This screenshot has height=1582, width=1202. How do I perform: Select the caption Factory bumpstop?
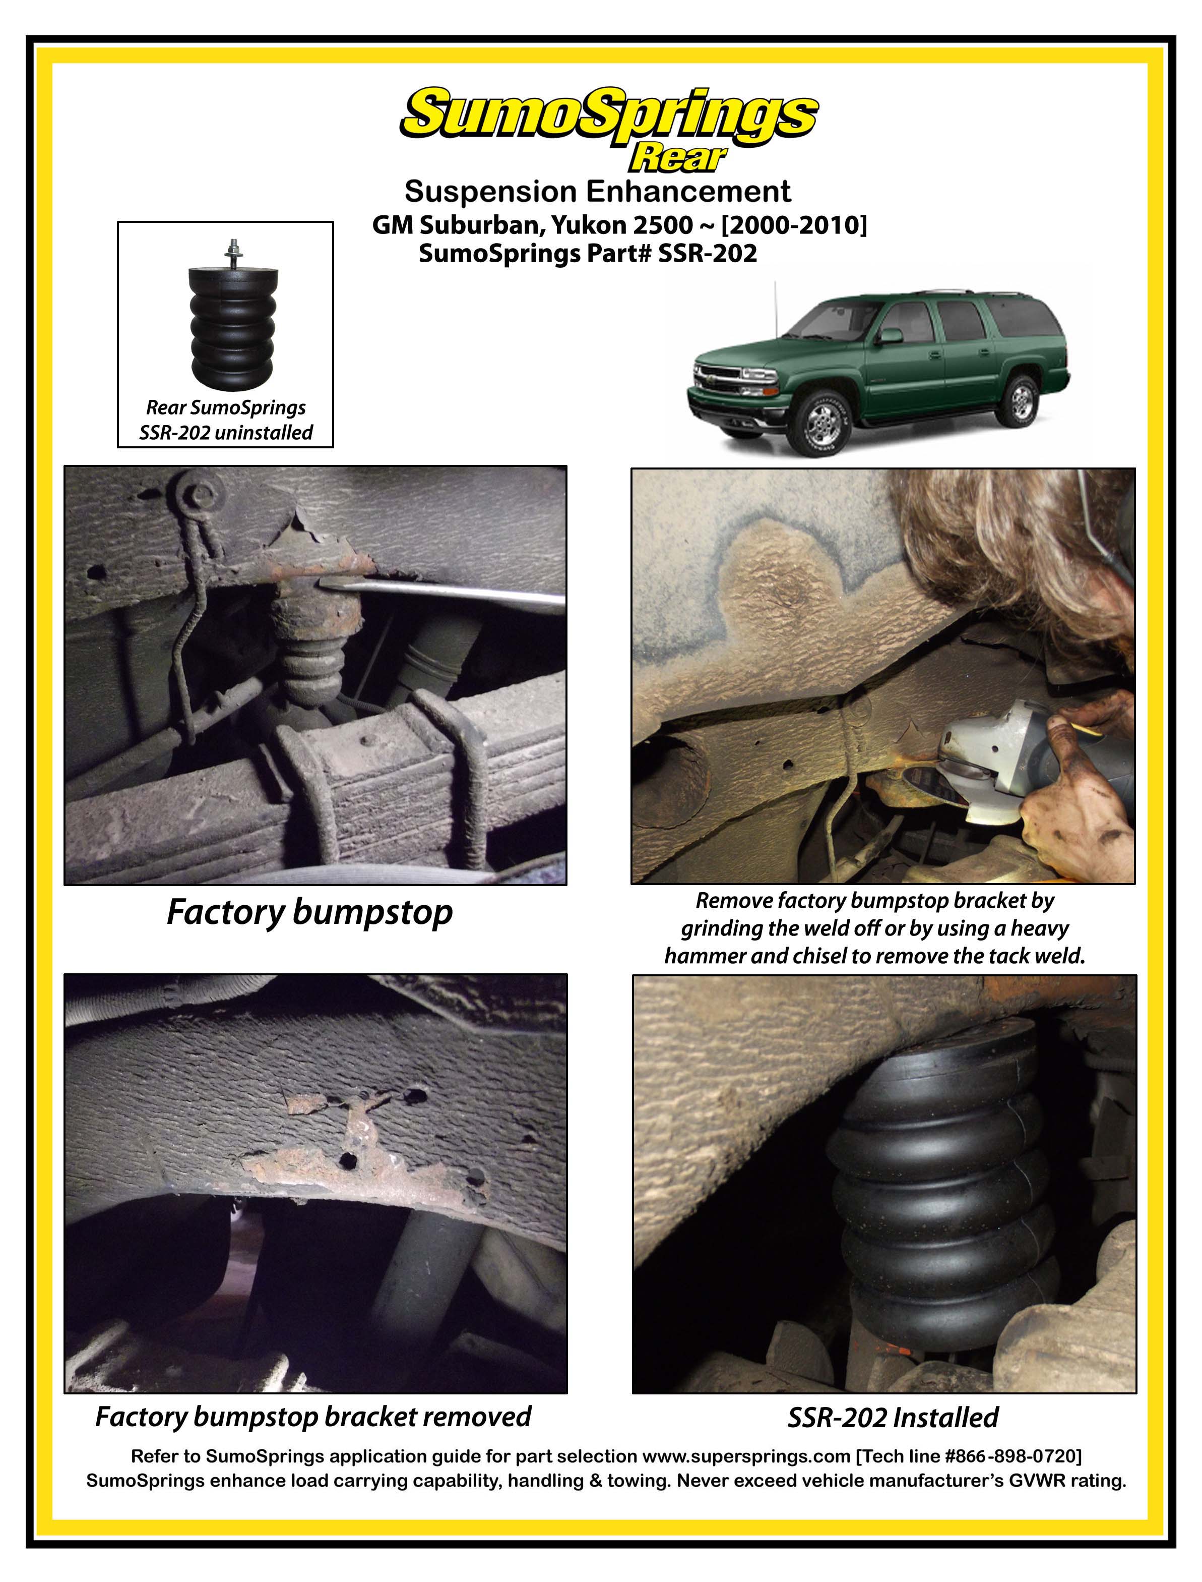coord(310,913)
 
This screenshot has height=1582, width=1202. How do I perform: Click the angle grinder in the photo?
coord(1023,759)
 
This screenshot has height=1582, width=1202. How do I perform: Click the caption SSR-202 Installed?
coord(893,1418)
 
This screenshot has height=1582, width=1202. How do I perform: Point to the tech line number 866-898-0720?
coord(1016,1457)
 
